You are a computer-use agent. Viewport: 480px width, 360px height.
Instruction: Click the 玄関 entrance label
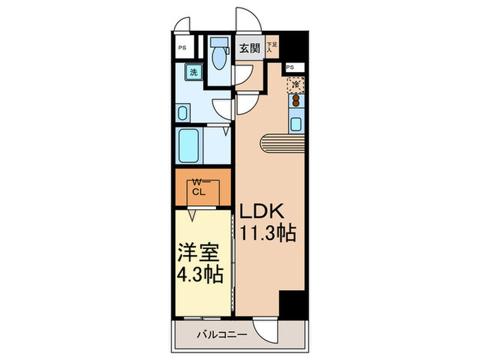click(250, 48)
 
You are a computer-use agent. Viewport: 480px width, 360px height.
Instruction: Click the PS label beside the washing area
click(182, 48)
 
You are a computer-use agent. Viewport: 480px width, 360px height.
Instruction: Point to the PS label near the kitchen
click(290, 67)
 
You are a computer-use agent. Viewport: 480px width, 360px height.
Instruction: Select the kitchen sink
click(296, 124)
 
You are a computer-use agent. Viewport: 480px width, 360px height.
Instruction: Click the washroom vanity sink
click(184, 113)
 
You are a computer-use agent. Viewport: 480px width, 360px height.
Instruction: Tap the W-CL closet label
click(199, 187)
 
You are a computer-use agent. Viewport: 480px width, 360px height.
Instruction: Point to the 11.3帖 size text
click(267, 234)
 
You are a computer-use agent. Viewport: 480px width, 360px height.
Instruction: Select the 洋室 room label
click(199, 252)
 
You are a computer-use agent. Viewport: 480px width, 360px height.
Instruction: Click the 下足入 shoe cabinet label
click(271, 47)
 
